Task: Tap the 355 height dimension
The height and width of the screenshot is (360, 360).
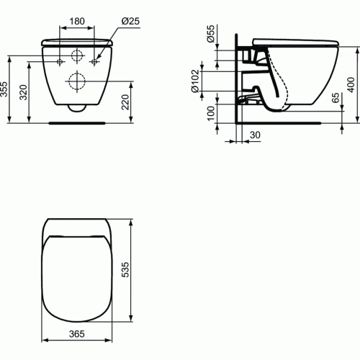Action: [x=6, y=89]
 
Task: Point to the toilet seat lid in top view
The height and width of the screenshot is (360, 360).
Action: [x=76, y=277]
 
